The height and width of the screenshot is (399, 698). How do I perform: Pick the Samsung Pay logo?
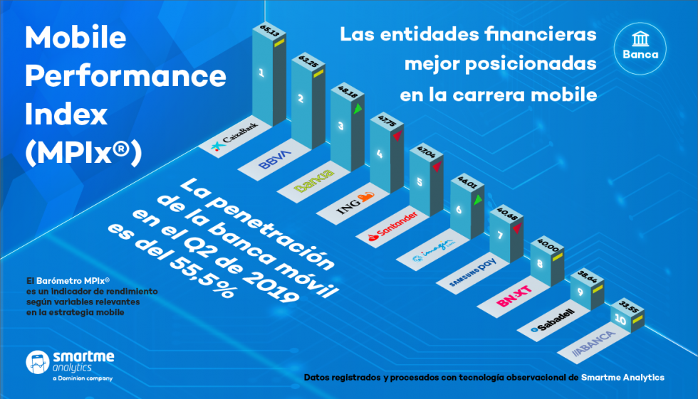(472, 272)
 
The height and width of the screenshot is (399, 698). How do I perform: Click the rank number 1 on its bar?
(261, 73)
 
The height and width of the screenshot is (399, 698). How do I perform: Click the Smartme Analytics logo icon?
(36, 362)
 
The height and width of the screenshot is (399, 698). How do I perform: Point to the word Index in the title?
(66, 113)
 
